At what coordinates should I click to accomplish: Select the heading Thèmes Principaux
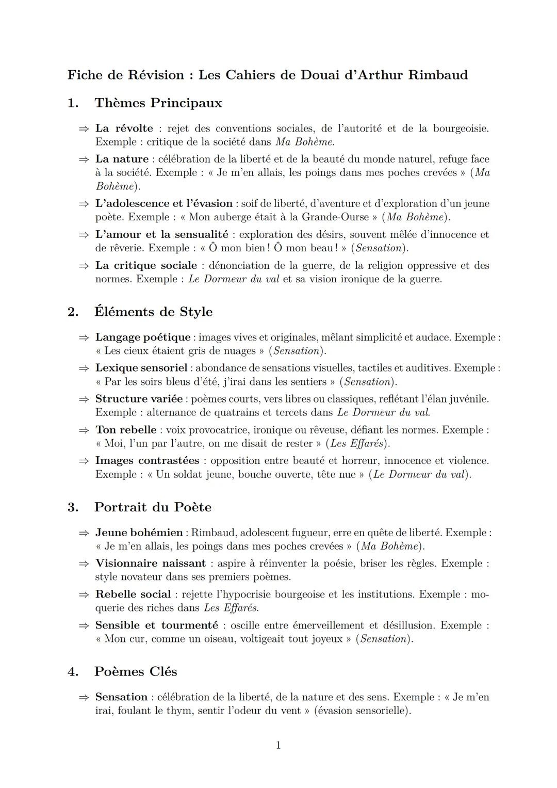158,103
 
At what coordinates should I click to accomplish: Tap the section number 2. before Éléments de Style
73,312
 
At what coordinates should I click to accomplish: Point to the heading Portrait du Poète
153,507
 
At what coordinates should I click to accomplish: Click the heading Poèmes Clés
135,672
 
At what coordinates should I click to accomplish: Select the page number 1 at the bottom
278,745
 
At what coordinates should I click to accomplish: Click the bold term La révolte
124,128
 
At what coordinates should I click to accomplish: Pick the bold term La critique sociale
146,266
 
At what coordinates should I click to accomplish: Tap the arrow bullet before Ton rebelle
84,430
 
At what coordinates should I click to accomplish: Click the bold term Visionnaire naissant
150,564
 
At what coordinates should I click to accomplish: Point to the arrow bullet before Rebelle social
84,595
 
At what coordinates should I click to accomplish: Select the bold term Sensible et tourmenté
156,625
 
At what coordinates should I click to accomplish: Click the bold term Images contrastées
147,461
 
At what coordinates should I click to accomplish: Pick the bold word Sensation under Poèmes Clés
121,697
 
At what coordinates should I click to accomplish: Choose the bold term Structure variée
139,399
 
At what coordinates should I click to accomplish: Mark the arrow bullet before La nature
84,159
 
